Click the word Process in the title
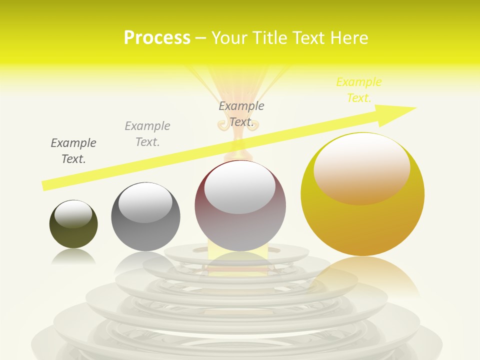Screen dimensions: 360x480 pyautogui.click(x=157, y=38)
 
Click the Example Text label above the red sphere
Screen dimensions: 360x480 pyautogui.click(x=241, y=114)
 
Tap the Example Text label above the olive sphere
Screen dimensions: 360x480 pyautogui.click(x=73, y=151)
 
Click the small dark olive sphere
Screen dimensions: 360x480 pyautogui.click(x=73, y=235)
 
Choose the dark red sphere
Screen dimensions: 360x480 pyautogui.click(x=240, y=230)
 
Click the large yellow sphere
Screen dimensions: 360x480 pyautogui.click(x=362, y=225)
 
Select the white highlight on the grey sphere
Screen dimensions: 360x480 pyautogui.click(x=145, y=202)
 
